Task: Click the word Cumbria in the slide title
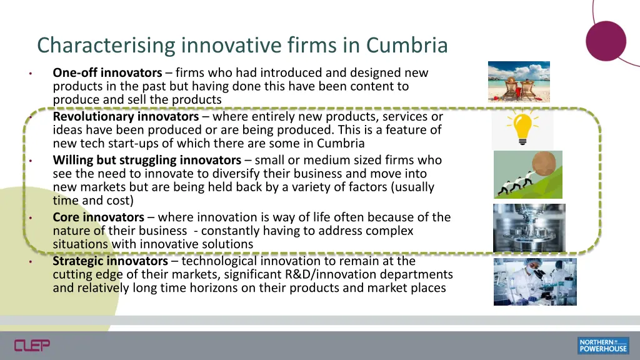(x=407, y=46)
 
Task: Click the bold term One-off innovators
(x=107, y=73)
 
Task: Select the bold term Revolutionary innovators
(x=126, y=117)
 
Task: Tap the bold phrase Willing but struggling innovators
(x=147, y=161)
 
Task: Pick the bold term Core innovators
(x=99, y=217)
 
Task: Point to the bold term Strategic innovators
(x=111, y=261)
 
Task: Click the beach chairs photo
(x=519, y=81)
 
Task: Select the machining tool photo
(x=529, y=227)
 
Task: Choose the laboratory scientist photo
(x=535, y=281)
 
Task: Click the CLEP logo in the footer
(x=32, y=344)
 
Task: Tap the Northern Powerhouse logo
(x=603, y=345)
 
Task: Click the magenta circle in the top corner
(x=606, y=41)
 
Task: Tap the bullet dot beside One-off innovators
(x=29, y=74)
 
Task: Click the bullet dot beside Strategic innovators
(x=29, y=261)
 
